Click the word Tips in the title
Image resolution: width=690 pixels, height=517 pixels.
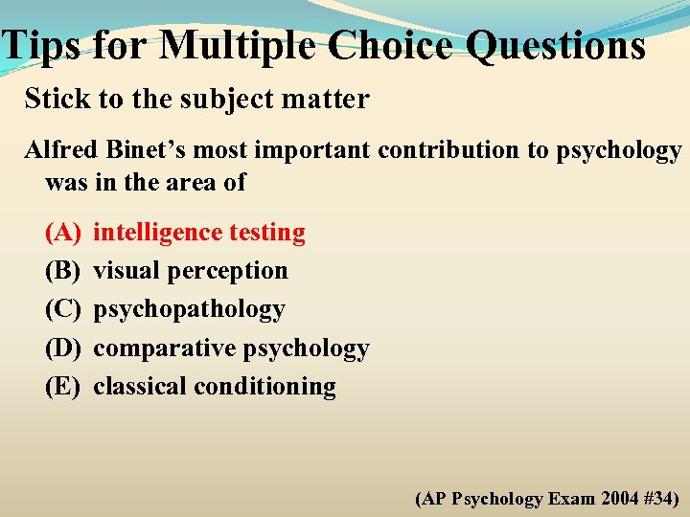click(43, 45)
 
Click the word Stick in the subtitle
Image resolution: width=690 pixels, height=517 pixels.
click(52, 100)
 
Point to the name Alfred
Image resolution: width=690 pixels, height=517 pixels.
click(58, 151)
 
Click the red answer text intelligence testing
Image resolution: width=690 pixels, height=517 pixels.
click(199, 233)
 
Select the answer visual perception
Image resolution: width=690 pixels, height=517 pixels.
click(190, 271)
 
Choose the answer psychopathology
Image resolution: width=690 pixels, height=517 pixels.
click(189, 310)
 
